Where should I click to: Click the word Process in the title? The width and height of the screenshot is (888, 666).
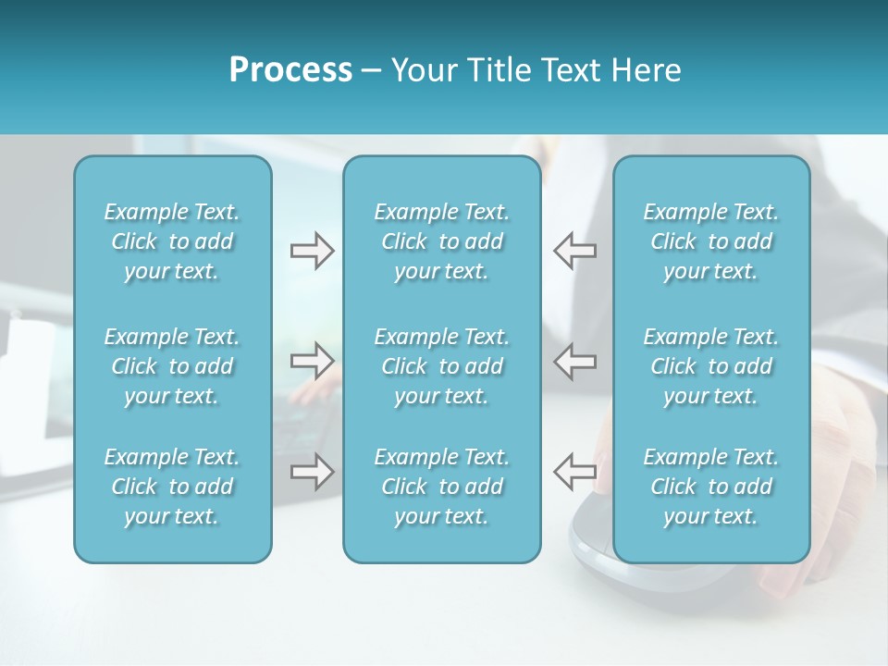pyautogui.click(x=290, y=70)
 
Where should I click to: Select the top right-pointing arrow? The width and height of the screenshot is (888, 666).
pyautogui.click(x=312, y=251)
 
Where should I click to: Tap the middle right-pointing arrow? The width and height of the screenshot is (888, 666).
pyautogui.click(x=312, y=361)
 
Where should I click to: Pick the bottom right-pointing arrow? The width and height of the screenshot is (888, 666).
pyautogui.click(x=312, y=472)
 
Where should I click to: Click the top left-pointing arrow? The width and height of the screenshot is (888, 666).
pyautogui.click(x=574, y=251)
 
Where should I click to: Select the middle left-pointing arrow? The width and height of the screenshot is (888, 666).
pyautogui.click(x=574, y=361)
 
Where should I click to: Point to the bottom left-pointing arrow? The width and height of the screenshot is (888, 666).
pyautogui.click(x=574, y=472)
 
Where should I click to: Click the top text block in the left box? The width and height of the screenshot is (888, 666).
pyautogui.click(x=172, y=241)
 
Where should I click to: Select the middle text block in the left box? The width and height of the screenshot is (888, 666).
pyautogui.click(x=172, y=366)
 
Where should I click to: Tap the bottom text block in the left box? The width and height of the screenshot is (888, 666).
pyautogui.click(x=172, y=487)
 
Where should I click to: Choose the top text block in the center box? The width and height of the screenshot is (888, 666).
pyautogui.click(x=441, y=241)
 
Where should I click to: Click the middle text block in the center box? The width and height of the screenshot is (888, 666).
pyautogui.click(x=441, y=366)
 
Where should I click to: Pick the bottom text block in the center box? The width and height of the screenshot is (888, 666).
pyautogui.click(x=441, y=487)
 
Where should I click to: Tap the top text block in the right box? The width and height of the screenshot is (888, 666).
pyautogui.click(x=711, y=241)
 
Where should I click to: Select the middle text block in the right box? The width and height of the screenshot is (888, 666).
pyautogui.click(x=711, y=366)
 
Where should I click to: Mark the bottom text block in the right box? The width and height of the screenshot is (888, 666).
pyautogui.click(x=711, y=487)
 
